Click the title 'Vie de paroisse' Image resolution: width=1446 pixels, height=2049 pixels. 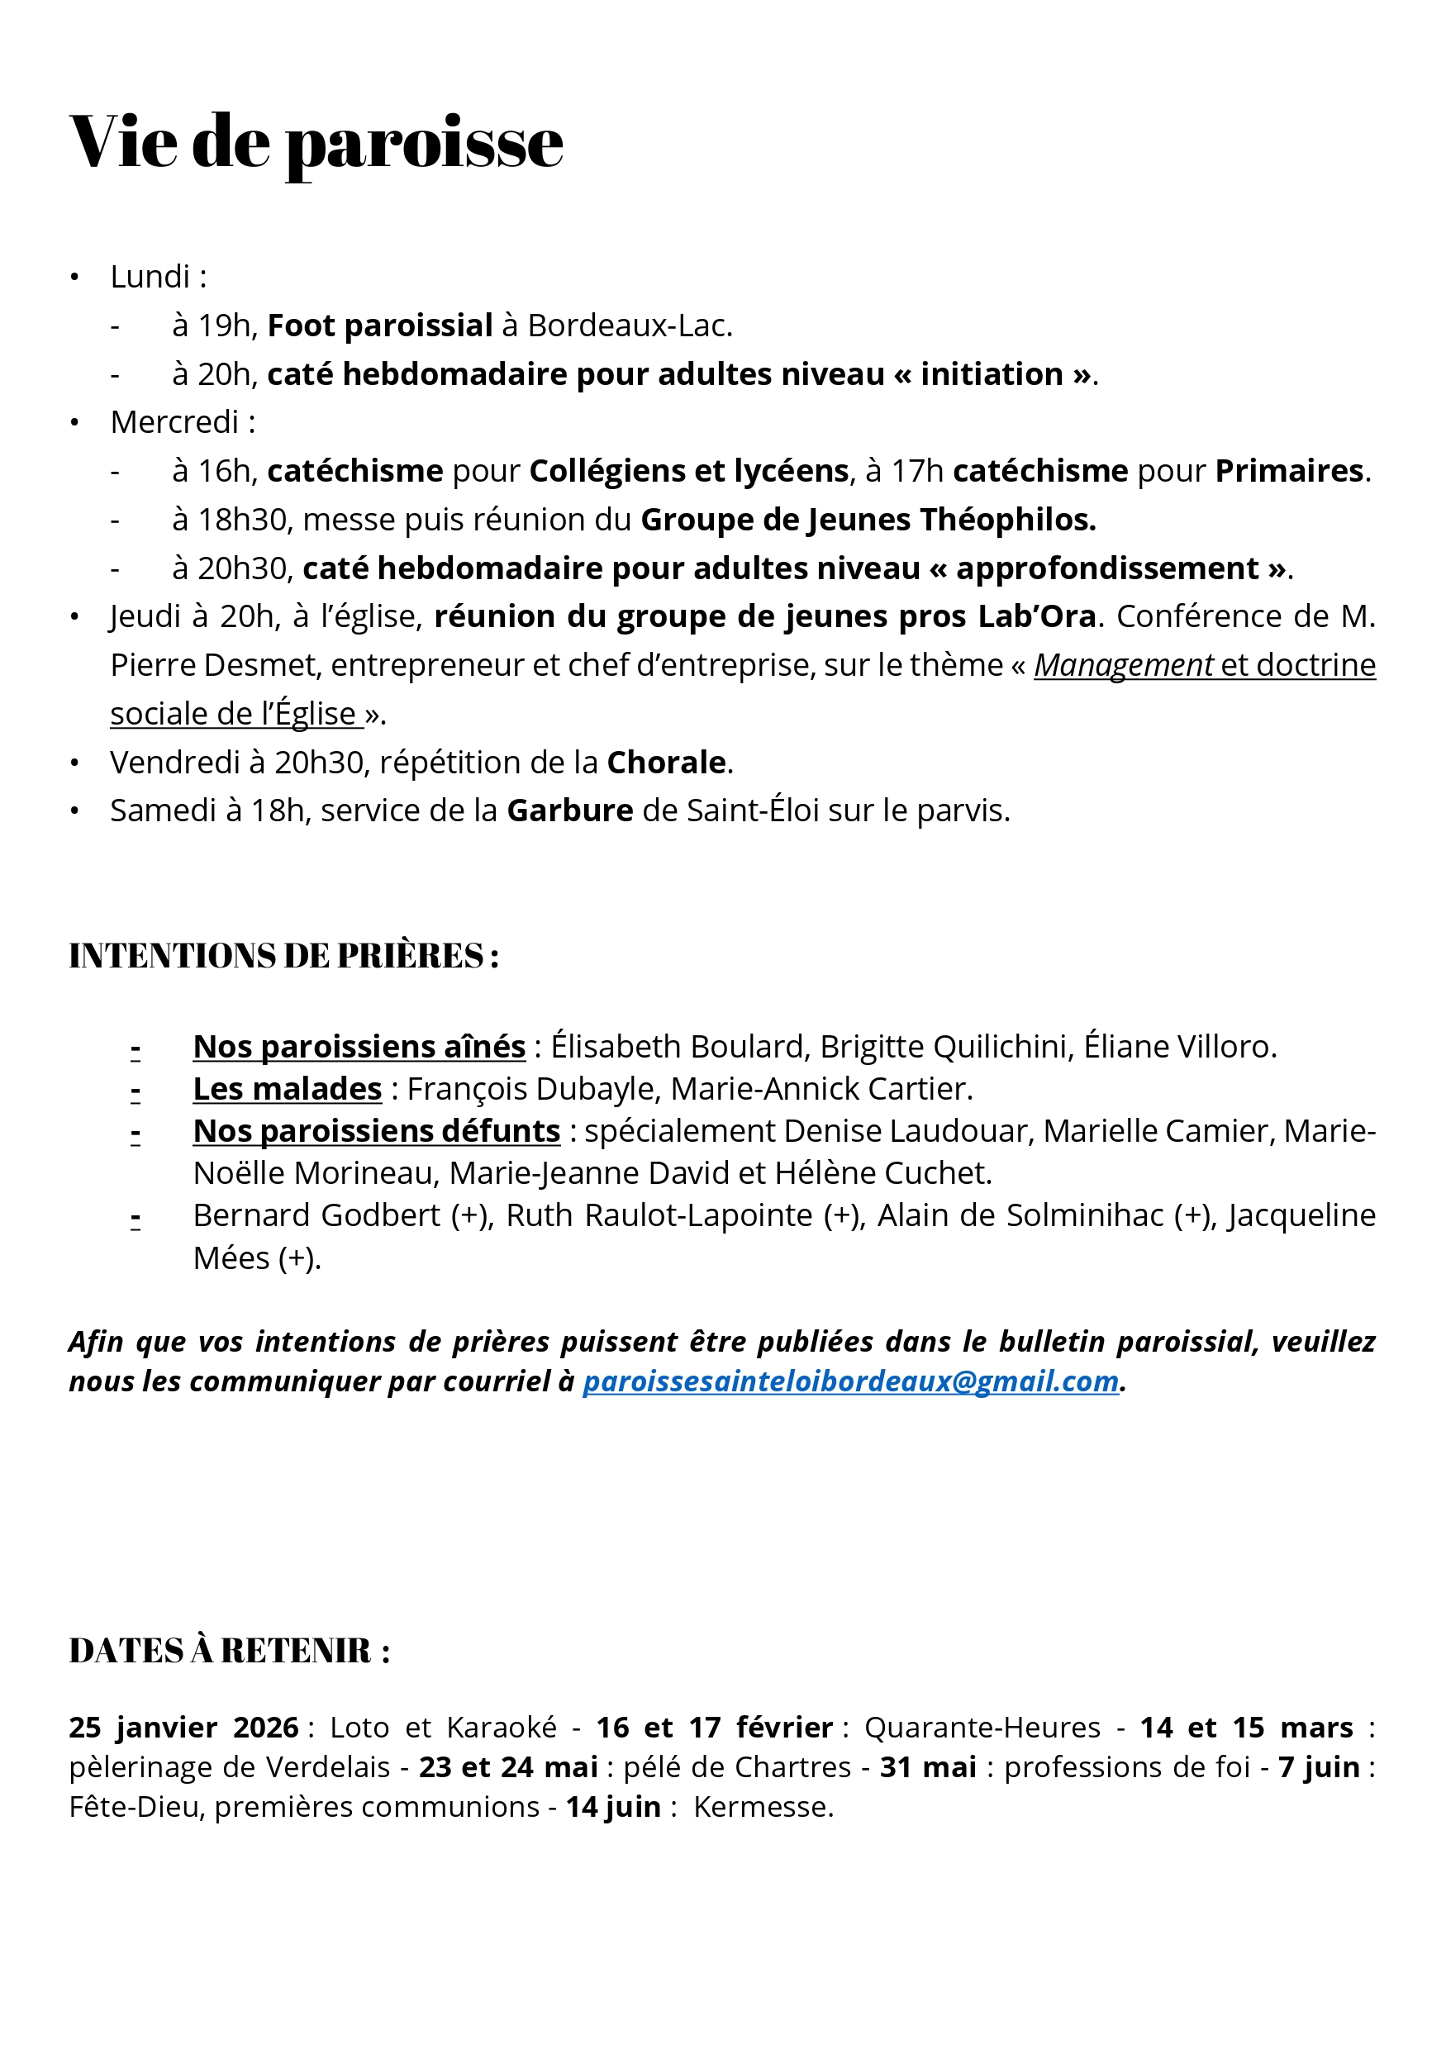pyautogui.click(x=316, y=143)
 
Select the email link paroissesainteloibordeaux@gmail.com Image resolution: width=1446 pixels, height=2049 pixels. pyautogui.click(x=849, y=1381)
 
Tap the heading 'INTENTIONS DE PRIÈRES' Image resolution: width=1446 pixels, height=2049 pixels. pyautogui.click(x=283, y=956)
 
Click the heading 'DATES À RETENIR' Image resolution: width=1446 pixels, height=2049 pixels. pyautogui.click(x=229, y=1651)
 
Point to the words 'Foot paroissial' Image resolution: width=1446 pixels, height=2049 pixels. pyautogui.click(x=379, y=326)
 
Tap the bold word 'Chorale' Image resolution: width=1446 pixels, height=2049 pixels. pyautogui.click(x=666, y=762)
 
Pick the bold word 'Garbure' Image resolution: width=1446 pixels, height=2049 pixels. pyautogui.click(x=569, y=811)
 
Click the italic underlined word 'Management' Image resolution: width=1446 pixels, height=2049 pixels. pyautogui.click(x=1123, y=665)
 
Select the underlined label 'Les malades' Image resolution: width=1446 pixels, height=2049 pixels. pyautogui.click(x=288, y=1089)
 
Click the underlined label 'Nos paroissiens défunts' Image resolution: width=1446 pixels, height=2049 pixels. pyautogui.click(x=377, y=1131)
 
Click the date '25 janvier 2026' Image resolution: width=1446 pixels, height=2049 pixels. pyautogui.click(x=183, y=1727)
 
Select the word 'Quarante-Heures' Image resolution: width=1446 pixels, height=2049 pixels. pyautogui.click(x=982, y=1727)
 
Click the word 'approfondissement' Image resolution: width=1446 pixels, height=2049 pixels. pyautogui.click(x=1107, y=568)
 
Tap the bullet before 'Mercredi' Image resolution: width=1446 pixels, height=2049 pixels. pyautogui.click(x=75, y=422)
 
